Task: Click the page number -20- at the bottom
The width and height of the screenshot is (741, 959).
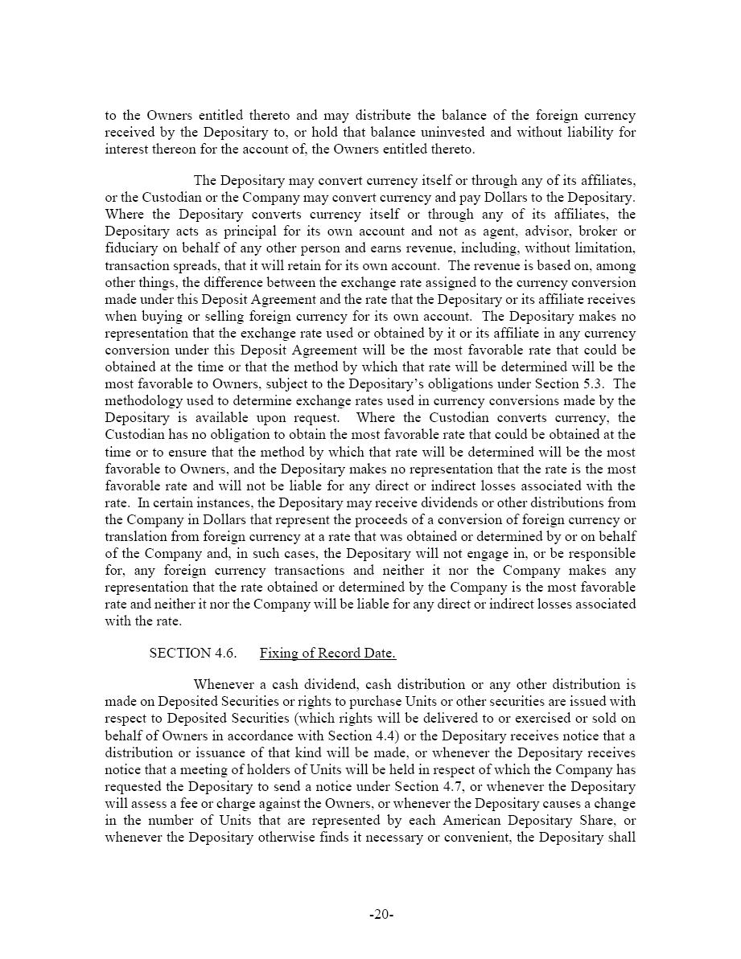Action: click(x=381, y=914)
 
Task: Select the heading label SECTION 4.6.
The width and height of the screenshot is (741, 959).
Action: click(x=193, y=653)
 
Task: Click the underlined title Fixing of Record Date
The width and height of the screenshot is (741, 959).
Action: click(x=327, y=653)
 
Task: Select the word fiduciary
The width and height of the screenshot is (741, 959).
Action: click(x=132, y=248)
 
